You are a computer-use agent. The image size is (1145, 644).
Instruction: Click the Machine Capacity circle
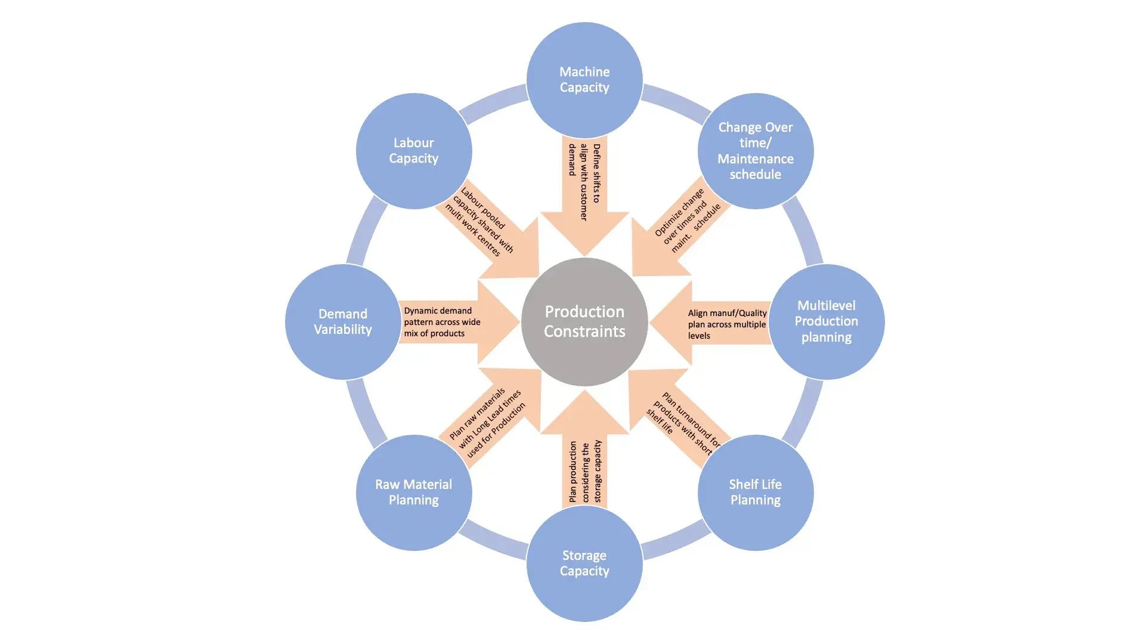coord(584,79)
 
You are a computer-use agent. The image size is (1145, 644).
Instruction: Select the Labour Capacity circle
coord(414,150)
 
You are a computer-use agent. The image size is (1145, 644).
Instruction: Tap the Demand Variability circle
coord(343,321)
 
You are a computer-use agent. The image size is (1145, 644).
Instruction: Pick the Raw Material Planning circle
coord(414,492)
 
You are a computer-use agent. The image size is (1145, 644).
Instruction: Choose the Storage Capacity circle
coord(584,563)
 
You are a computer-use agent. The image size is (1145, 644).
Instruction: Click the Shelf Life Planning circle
coord(756,492)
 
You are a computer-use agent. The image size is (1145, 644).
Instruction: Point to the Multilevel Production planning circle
coord(827,321)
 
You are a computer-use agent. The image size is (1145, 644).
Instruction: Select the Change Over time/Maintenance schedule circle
coord(756,150)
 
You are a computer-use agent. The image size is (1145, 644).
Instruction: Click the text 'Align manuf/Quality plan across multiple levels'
coord(727,324)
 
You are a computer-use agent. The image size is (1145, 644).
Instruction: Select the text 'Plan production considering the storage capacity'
coord(585,471)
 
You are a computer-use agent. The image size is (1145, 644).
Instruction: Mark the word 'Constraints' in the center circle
coord(584,332)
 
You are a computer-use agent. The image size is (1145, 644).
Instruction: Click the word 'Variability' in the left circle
coord(343,330)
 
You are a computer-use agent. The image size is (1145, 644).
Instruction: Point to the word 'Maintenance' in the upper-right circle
coord(756,159)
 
